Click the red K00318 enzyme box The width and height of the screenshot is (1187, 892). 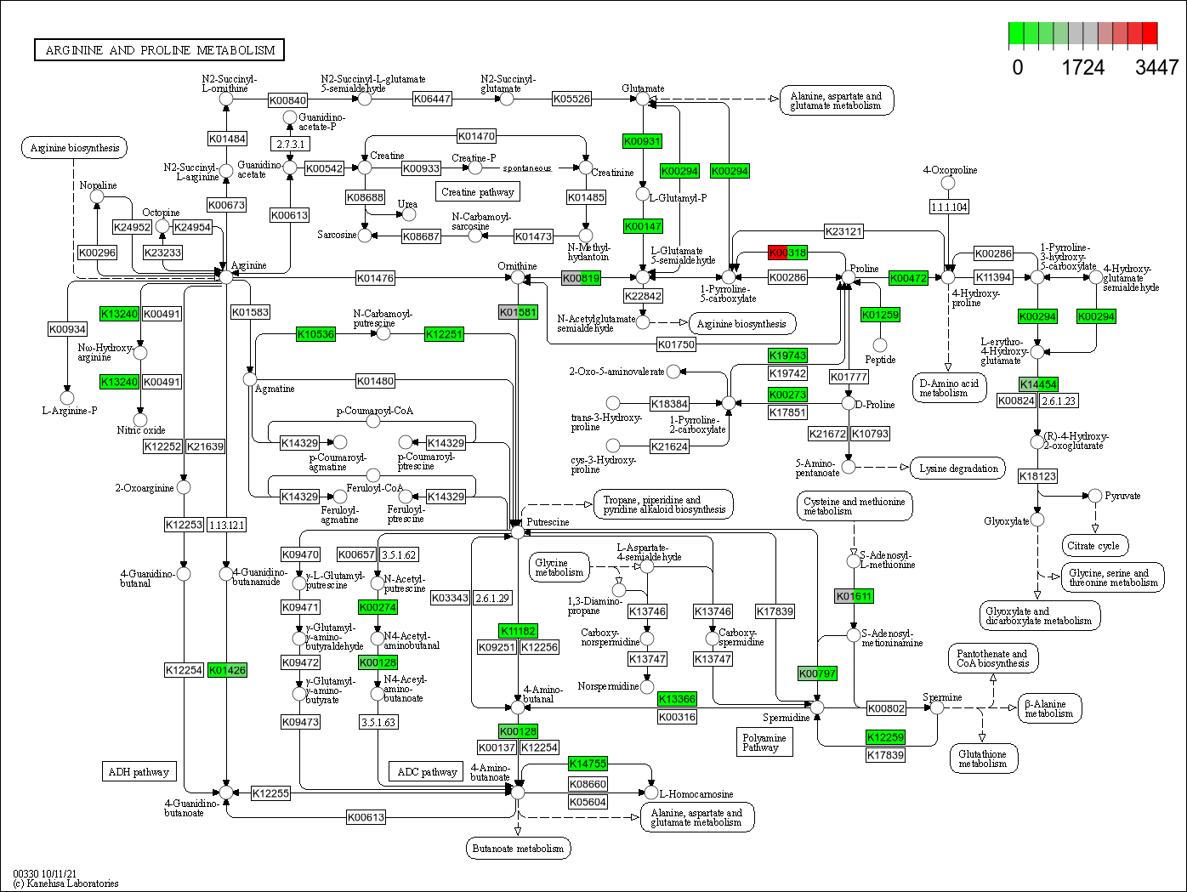coord(787,253)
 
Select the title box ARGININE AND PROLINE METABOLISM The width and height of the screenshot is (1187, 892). coord(159,50)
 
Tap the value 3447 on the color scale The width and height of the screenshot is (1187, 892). coord(1156,67)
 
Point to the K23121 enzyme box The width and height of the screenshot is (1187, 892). coord(843,230)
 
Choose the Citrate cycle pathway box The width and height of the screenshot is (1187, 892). coord(1093,546)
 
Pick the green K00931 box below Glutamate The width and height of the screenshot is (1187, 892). coord(642,140)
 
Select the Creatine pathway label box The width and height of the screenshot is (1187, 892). coord(477,192)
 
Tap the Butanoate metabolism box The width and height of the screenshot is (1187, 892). coord(518,848)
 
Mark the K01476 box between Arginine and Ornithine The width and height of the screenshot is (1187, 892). coord(375,277)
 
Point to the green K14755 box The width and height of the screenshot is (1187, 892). coord(588,764)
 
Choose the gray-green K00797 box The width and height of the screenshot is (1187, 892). coord(818,673)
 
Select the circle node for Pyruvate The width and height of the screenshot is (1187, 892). coord(1095,496)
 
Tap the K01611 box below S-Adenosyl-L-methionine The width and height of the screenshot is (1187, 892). coord(854,596)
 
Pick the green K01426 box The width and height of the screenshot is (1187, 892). coord(227,670)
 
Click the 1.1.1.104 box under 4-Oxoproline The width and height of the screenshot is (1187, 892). coord(949,207)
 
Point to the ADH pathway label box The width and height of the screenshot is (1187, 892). coord(139,772)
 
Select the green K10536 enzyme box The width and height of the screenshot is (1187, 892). coord(315,334)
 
